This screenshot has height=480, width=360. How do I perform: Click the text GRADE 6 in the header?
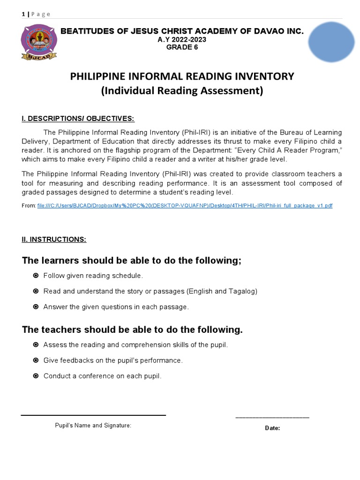tap(182, 47)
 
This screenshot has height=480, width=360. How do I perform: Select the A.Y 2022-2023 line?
tap(182, 39)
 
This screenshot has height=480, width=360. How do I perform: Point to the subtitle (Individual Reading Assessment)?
tap(182, 91)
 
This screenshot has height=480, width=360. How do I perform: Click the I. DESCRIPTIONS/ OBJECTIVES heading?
tap(78, 119)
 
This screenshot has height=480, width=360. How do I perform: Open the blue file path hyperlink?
tap(185, 206)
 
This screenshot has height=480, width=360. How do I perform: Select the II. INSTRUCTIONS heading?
tap(54, 240)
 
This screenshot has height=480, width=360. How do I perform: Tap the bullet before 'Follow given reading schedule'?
tap(36, 276)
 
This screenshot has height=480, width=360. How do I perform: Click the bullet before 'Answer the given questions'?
tap(36, 307)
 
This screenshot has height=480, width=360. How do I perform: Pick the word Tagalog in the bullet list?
tap(242, 292)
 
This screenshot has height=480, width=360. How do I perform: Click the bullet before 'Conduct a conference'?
tap(36, 376)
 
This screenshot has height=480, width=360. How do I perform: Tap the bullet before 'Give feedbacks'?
tap(36, 360)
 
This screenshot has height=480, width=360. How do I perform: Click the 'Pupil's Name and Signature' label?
tap(93, 426)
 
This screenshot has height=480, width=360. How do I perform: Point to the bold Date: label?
tap(272, 428)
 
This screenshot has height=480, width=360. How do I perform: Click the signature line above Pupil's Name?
tap(93, 415)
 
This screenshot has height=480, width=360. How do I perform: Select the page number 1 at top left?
tap(23, 14)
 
